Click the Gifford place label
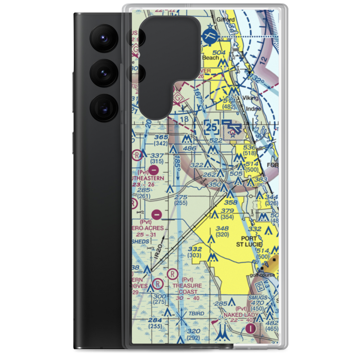coord(226,19)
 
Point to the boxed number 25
coord(212,127)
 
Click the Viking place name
coord(250,98)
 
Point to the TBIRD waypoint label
coord(196,314)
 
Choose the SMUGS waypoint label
coord(257,298)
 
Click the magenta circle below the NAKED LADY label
coord(251,328)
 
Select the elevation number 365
coord(151,138)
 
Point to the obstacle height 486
coord(189,148)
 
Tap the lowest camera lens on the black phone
coord(103,107)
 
